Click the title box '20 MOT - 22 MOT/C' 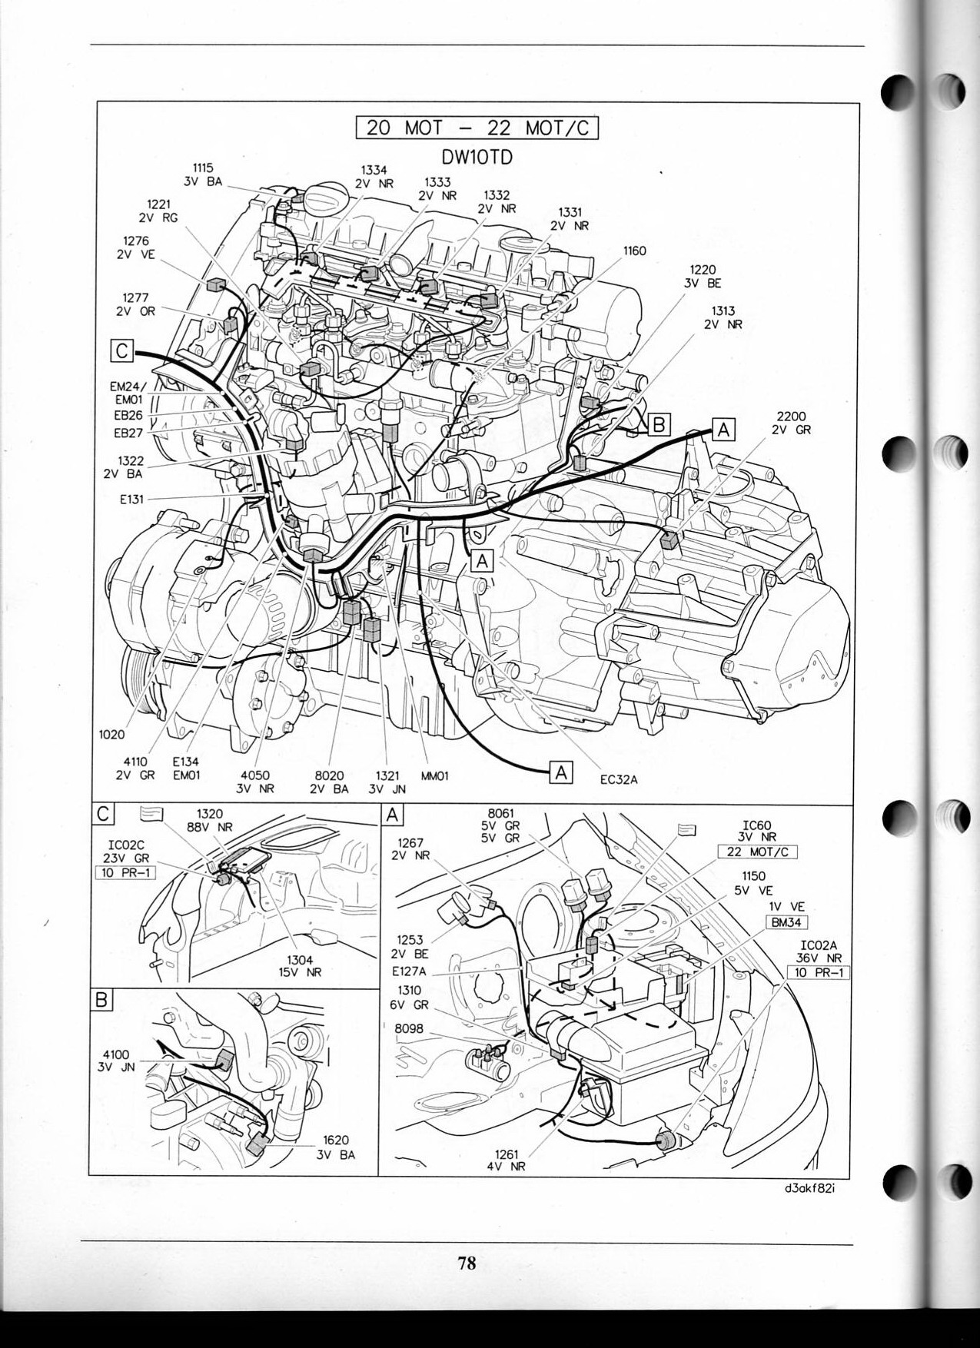point(477,127)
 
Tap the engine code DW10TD point(477,157)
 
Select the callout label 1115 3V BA point(203,174)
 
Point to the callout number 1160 point(634,251)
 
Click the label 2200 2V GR point(791,423)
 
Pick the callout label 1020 point(112,734)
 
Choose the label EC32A point(619,780)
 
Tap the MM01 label point(434,776)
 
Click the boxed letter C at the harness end point(122,350)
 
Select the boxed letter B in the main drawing point(659,423)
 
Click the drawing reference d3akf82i point(810,1209)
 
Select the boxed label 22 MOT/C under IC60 point(757,852)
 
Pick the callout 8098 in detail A point(409,1028)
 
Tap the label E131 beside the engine point(131,499)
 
